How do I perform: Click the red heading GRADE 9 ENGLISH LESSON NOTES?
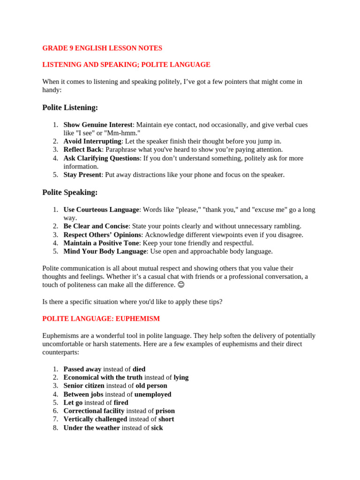tap(102, 48)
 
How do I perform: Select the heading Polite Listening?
tap(70, 107)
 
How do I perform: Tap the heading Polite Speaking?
tap(70, 192)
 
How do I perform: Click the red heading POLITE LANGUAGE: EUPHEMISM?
tap(101, 319)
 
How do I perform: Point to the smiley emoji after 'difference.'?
tap(181, 285)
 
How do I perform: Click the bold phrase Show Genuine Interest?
tap(98, 125)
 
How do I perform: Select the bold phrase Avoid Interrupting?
tap(92, 141)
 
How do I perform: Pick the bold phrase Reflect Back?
tap(82, 150)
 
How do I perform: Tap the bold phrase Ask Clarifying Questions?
tap(102, 158)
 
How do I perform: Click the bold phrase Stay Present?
tap(82, 175)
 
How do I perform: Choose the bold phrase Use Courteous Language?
tap(101, 210)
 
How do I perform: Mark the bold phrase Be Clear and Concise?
tap(96, 226)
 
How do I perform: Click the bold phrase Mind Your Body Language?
tap(105, 251)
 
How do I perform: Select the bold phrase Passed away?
tap(82, 369)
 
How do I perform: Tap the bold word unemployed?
tap(153, 394)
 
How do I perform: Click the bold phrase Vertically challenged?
tap(95, 419)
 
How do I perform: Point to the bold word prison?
tap(165, 411)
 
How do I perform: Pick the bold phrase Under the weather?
tap(91, 427)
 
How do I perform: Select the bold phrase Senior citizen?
tap(84, 386)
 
